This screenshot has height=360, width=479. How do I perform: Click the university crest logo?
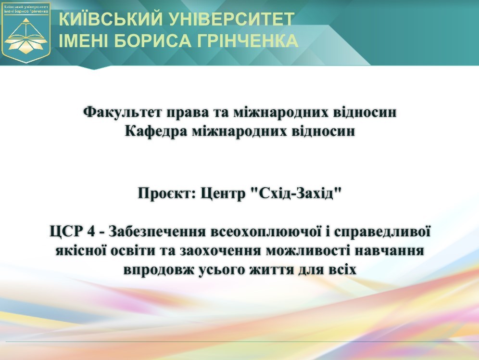pyautogui.click(x=26, y=32)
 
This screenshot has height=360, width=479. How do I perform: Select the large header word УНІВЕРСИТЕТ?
pyautogui.click(x=231, y=19)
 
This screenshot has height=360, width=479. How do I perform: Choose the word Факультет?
pyautogui.click(x=122, y=112)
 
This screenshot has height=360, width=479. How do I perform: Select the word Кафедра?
pyautogui.click(x=156, y=131)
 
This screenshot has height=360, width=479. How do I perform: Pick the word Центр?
pyautogui.click(x=223, y=193)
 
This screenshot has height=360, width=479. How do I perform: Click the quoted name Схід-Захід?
pyautogui.click(x=296, y=193)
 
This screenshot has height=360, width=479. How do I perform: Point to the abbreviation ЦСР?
pyautogui.click(x=66, y=231)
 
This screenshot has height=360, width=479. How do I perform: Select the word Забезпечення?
pyautogui.click(x=157, y=231)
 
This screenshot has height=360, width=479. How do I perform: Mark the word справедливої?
pyautogui.click(x=382, y=231)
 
